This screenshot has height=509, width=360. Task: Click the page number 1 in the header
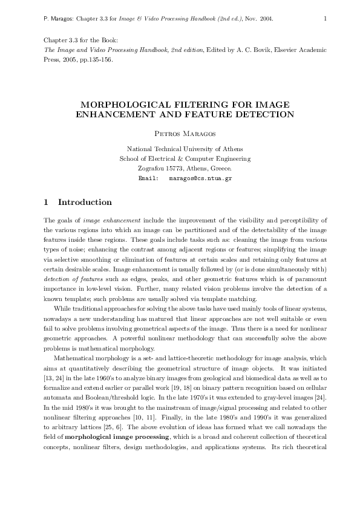326,19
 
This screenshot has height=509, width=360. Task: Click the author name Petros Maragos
179,132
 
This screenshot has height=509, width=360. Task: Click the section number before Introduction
48,203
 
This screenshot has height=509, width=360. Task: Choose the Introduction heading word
85,203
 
